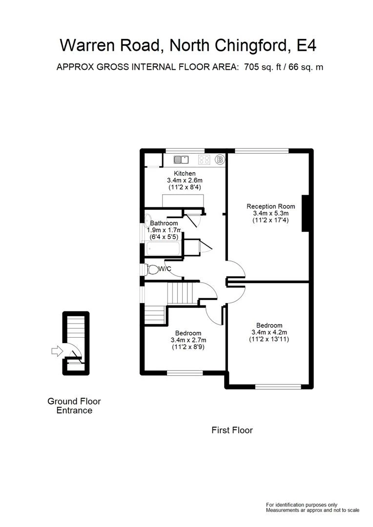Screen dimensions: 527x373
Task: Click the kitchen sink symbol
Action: click(x=181, y=159)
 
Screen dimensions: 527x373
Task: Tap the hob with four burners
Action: click(x=205, y=160)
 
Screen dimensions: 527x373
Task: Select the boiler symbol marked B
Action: click(x=220, y=159)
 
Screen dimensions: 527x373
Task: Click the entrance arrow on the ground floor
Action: click(x=57, y=350)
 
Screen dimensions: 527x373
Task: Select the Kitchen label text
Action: click(x=185, y=173)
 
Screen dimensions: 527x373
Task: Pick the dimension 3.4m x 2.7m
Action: click(x=188, y=340)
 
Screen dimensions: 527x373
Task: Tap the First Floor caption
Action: click(x=232, y=430)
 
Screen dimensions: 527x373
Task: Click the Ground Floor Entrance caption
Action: click(x=74, y=406)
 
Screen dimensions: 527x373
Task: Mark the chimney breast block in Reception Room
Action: click(x=306, y=213)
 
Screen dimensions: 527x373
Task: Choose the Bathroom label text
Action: click(x=164, y=223)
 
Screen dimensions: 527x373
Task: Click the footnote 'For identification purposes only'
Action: click(x=301, y=505)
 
